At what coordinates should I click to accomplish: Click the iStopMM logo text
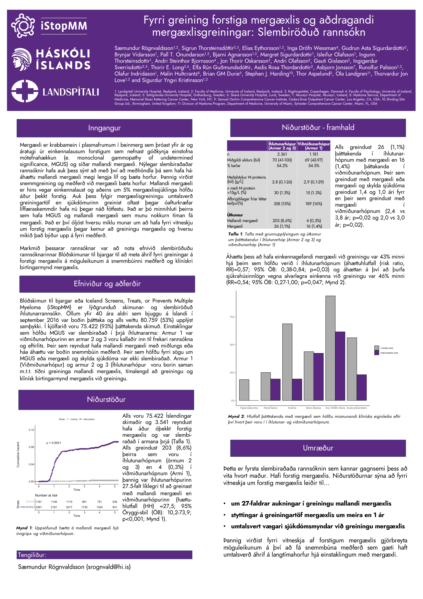pos(64,26)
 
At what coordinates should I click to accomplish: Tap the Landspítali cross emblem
pos(25,91)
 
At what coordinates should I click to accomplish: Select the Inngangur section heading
pos(104,128)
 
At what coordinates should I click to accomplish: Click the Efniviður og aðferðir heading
pos(107,284)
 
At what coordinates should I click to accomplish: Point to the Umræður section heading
pos(318,448)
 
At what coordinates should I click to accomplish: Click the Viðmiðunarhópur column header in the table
pos(314,146)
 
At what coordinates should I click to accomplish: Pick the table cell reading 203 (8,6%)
pos(282,221)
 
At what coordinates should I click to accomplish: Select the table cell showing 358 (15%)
pos(282,204)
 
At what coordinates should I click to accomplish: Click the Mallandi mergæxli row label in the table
pos(242,221)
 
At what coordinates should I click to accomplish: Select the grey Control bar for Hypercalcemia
pos(244,390)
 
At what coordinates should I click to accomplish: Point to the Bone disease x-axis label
pos(314,408)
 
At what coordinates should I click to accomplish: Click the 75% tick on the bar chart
pos(232,317)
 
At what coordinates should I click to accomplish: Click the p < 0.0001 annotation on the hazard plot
pos(54,443)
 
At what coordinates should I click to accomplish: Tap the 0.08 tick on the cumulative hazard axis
pos(31,447)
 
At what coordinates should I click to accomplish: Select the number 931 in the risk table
pos(115,507)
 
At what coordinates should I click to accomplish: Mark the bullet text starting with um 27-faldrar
pos(311,503)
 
